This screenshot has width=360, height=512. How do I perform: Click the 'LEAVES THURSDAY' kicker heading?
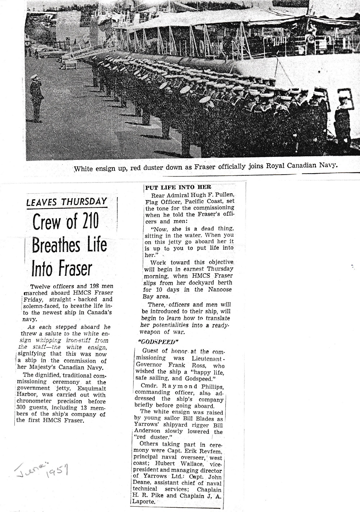click(67, 202)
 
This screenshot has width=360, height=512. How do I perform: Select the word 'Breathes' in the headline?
click(56, 245)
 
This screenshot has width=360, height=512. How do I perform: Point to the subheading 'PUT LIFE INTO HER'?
click(178, 187)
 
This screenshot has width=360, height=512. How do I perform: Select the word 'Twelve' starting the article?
click(41, 286)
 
